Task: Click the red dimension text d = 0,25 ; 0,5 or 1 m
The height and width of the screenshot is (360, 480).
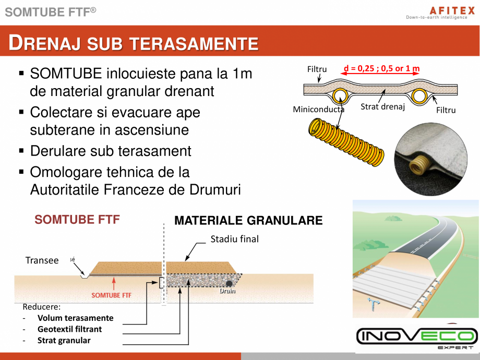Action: [x=381, y=68]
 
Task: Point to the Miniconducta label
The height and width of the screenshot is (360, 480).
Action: [x=318, y=110]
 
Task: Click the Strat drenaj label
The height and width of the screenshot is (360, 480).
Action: [x=382, y=107]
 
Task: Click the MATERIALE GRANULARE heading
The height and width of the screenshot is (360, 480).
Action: [x=248, y=220]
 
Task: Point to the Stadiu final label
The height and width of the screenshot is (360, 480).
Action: [x=234, y=239]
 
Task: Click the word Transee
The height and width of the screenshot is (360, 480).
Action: [x=42, y=260]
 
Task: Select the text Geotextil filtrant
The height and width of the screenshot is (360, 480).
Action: [x=69, y=329]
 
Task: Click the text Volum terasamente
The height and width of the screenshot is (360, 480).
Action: [x=75, y=318]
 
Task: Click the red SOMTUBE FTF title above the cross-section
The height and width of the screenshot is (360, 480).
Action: [x=77, y=220]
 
